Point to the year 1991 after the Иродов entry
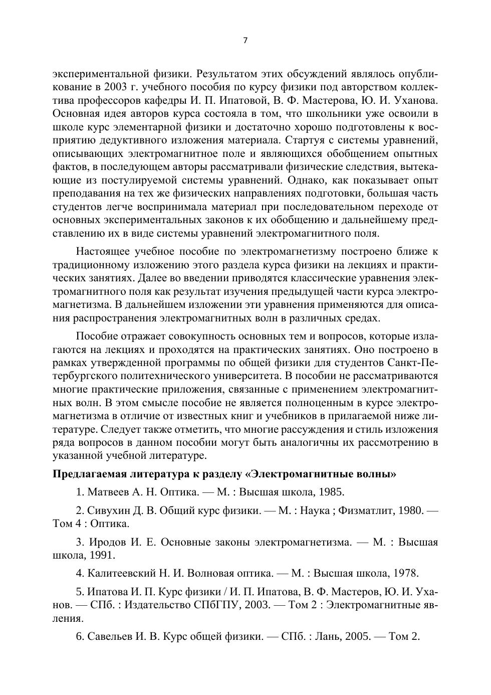[104, 555]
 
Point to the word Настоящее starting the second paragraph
[101, 251]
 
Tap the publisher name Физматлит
[366, 510]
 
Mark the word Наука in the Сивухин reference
[314, 510]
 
